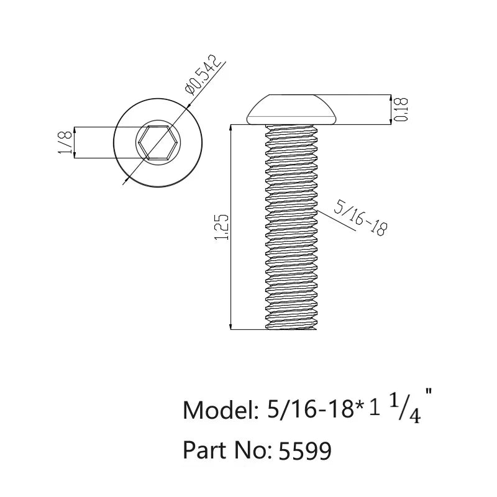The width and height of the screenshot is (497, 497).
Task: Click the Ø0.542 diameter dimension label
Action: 203,75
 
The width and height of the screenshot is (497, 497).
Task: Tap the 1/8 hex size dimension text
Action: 65,143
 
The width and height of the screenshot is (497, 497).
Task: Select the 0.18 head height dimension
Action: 401,109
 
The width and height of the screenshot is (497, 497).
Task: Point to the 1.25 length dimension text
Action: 222,227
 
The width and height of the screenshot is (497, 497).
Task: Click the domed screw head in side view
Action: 291,109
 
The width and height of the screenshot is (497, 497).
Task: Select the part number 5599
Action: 304,450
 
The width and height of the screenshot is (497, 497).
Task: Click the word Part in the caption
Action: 206,450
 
